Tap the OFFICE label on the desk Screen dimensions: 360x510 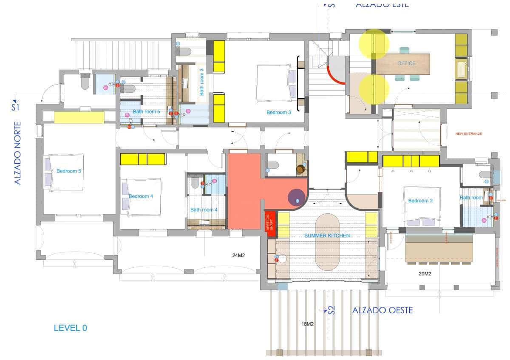(406, 63)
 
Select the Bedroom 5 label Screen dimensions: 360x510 (68, 171)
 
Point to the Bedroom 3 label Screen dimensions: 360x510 (278, 112)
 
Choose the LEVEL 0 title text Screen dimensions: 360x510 (70, 328)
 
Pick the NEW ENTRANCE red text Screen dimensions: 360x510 (468, 133)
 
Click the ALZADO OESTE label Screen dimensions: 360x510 (382, 310)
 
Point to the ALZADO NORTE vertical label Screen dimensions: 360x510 (18, 154)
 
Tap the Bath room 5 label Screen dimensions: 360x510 (146, 111)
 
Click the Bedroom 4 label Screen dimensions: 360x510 (141, 196)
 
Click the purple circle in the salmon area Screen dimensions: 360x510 (296, 198)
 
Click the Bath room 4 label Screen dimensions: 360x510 (204, 210)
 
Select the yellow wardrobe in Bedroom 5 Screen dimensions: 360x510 (79, 117)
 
